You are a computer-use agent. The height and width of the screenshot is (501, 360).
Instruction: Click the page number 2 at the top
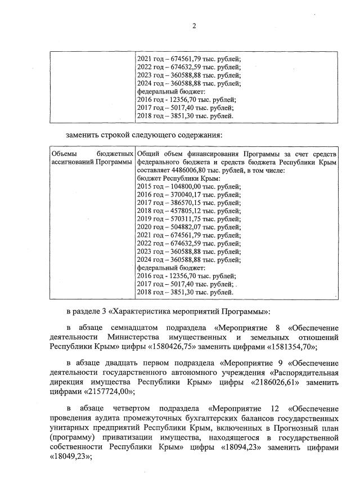(193, 26)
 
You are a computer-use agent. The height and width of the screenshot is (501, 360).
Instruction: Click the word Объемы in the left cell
(64, 154)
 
